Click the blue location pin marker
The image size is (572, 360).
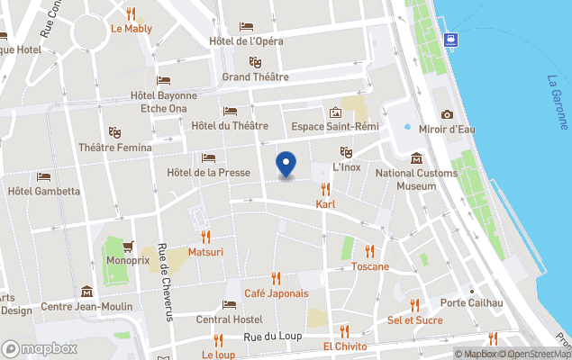tap(286, 165)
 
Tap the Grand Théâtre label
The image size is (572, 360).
tap(255, 77)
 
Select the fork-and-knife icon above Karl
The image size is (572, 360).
tap(325, 189)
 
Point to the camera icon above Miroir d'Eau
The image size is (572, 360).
tap(448, 114)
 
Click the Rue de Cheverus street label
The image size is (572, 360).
tap(164, 282)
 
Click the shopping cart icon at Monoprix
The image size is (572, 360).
tap(128, 245)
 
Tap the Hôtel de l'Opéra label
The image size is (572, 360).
tap(259, 40)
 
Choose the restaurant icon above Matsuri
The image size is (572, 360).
tap(205, 237)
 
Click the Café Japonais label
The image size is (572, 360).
tap(276, 293)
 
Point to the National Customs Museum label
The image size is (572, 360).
tap(416, 180)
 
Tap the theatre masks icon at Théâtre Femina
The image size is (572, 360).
tap(113, 131)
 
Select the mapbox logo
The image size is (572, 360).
tap(40, 348)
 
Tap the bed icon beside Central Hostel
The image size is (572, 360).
tap(230, 304)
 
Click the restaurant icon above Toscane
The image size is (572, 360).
tap(369, 251)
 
